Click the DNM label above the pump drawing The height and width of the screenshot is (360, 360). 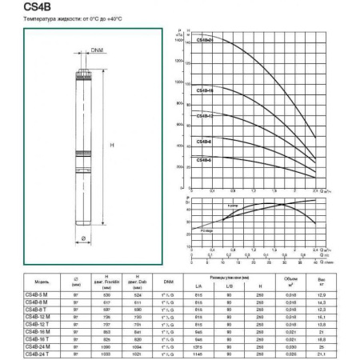[97, 51]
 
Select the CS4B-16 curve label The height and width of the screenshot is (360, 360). [205, 90]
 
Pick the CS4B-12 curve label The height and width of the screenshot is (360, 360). [205, 115]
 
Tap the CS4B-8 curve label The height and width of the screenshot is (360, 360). [204, 141]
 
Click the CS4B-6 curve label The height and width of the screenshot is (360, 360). [204, 158]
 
